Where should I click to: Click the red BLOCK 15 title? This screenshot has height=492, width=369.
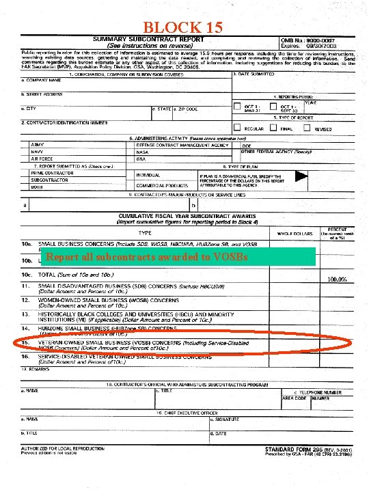point(183,27)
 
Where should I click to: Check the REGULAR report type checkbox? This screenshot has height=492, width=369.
point(237,128)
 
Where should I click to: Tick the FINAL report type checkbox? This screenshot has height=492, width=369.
point(273,128)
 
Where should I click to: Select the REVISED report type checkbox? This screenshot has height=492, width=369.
point(309,128)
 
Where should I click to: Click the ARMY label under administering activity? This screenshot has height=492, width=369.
point(38,145)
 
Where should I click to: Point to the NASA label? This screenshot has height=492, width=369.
point(142,152)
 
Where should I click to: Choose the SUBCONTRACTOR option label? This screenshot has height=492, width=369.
point(46,180)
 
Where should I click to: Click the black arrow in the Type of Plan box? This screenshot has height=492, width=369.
point(297,176)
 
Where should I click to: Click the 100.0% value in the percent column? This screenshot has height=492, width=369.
point(337,279)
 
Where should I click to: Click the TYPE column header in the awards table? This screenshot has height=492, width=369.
point(144,233)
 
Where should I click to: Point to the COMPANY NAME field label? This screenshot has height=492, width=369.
point(44,80)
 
